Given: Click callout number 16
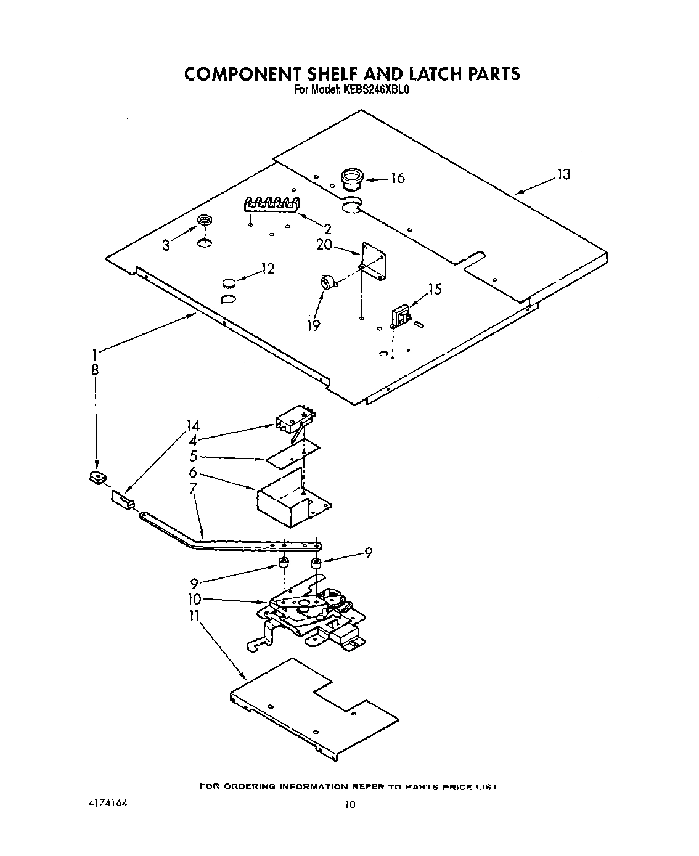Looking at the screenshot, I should pos(398,178).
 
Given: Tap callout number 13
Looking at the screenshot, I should pos(563,174).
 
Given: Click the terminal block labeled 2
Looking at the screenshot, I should pos(272,205).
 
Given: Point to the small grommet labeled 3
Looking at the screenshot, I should pos(204,221).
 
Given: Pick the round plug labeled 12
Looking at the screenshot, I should pos(229,283).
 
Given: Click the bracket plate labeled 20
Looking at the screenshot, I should pos(374,260).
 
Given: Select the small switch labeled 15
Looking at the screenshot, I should pos(400,316).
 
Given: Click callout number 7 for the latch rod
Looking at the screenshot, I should pos(193,488).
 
